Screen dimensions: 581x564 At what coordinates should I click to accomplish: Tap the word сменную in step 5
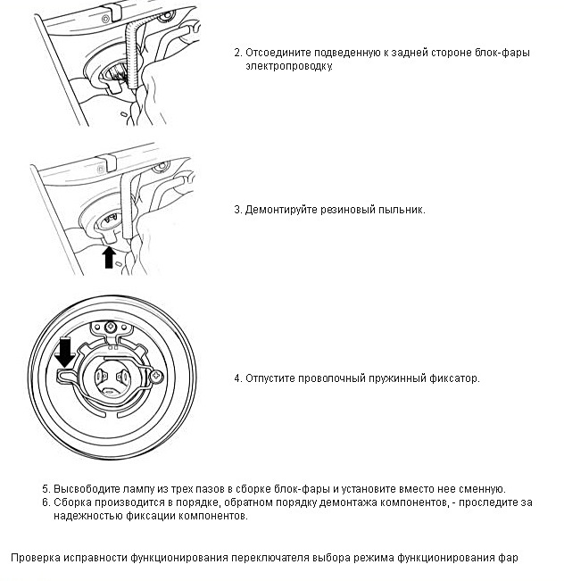click(x=483, y=489)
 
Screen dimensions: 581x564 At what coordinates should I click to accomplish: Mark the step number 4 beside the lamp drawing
click(x=237, y=378)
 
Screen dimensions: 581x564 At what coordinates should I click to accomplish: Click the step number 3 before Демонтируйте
click(x=237, y=210)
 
